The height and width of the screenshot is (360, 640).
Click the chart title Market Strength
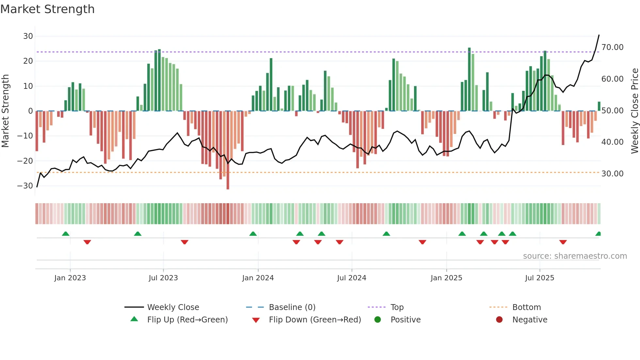click(48, 9)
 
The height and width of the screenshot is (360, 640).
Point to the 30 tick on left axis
click(28, 36)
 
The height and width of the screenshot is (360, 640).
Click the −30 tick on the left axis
click(25, 186)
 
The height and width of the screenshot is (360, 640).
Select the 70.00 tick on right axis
click(612, 47)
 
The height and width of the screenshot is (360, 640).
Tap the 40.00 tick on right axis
click(612, 142)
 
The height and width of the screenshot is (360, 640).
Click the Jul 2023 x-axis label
click(163, 278)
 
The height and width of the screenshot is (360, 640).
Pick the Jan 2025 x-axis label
click(446, 278)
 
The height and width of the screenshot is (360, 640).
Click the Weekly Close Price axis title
click(634, 111)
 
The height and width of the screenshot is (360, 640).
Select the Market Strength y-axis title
click(5, 111)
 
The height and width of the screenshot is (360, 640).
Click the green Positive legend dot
click(378, 320)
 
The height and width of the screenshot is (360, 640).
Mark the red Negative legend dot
click(499, 320)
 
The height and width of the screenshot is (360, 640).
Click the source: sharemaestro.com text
click(575, 256)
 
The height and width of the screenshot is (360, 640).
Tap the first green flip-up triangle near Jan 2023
click(66, 234)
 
